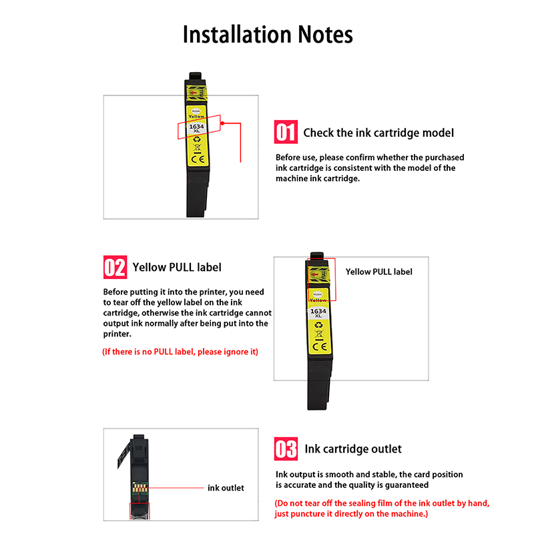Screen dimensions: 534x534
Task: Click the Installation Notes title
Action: [x=268, y=35]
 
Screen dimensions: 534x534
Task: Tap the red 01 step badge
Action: [x=286, y=132]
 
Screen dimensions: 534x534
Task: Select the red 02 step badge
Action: [x=114, y=268]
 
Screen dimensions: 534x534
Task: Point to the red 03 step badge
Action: [x=286, y=449]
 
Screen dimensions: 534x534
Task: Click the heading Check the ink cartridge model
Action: [x=378, y=133]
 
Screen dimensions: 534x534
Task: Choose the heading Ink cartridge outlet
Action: [x=353, y=449]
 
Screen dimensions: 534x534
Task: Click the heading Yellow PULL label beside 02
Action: [x=177, y=268]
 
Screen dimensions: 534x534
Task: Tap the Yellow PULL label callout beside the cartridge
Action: [x=378, y=272]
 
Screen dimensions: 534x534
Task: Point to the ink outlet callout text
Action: [x=226, y=488]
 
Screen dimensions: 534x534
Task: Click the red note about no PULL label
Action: [x=180, y=352]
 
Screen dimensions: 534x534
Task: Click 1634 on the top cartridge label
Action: [x=197, y=126]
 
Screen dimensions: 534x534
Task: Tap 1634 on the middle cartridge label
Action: [x=318, y=310]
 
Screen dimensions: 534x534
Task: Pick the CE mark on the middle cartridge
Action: [x=318, y=346]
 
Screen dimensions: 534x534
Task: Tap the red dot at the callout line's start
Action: [x=224, y=123]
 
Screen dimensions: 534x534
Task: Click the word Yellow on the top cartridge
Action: [x=196, y=116]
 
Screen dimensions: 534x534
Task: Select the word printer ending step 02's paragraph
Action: [x=117, y=333]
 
